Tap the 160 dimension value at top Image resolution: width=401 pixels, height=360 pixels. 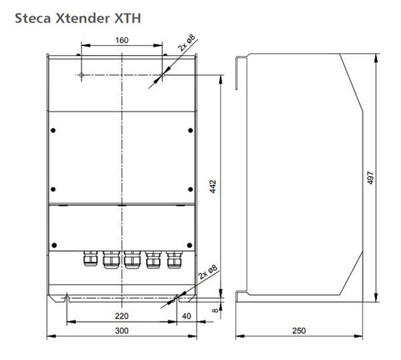(x=121, y=40)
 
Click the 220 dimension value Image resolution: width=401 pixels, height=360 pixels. (x=121, y=315)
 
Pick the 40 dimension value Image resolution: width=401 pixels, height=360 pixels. (x=186, y=315)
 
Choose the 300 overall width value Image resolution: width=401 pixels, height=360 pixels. (x=121, y=331)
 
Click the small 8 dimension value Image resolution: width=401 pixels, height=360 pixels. (x=214, y=309)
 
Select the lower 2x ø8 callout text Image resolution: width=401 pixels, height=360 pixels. (x=208, y=275)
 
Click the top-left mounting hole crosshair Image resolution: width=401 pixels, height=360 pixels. (x=81, y=76)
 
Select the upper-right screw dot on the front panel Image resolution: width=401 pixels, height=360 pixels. (x=190, y=130)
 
